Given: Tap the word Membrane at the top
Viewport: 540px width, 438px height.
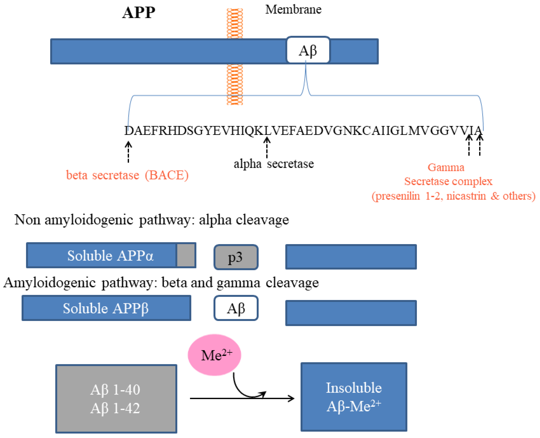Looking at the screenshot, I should [293, 10].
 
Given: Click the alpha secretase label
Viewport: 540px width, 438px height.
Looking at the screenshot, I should [274, 164].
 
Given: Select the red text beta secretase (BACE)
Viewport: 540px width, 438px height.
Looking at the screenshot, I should [127, 175].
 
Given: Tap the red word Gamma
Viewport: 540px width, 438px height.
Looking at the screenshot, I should [446, 167].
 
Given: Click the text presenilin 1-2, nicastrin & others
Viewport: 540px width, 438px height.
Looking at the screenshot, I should [453, 196].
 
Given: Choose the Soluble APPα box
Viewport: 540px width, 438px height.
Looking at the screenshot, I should [101, 255].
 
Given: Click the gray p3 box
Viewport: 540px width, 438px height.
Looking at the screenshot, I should [236, 257].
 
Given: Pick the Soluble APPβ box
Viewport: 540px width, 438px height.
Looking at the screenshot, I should [106, 308].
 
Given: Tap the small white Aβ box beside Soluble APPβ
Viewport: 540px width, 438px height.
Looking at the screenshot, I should [236, 308].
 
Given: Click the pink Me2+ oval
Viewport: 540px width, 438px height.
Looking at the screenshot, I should [214, 355].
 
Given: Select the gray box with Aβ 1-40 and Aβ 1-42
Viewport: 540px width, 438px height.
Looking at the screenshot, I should [116, 398].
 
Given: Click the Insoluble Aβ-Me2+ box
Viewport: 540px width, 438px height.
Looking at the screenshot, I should [353, 397].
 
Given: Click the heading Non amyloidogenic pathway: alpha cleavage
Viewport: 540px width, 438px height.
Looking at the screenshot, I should [152, 220].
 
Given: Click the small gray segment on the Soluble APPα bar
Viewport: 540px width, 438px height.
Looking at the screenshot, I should [186, 255].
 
